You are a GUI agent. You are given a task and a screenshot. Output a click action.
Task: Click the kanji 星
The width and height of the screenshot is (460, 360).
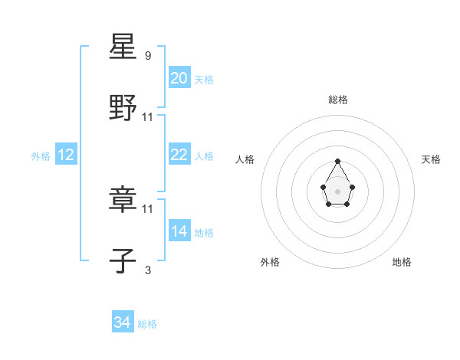(123, 47)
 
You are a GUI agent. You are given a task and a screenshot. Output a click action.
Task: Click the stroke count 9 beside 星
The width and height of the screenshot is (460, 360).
(148, 56)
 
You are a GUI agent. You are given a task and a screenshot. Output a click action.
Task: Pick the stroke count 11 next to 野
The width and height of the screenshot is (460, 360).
(148, 117)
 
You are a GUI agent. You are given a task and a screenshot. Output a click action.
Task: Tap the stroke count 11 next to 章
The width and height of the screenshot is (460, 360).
(148, 208)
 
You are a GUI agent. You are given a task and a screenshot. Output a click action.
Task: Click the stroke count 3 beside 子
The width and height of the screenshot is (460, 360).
(148, 270)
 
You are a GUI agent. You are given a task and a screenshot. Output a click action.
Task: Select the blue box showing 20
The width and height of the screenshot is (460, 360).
(179, 78)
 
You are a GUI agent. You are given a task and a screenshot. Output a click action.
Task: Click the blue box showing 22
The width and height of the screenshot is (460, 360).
(179, 155)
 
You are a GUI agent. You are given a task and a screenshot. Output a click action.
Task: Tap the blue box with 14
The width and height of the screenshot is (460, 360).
(179, 231)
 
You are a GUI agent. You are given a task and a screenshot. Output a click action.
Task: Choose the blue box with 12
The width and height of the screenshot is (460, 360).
(66, 155)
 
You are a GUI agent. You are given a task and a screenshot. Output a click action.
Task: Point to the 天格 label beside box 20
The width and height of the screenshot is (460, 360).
(204, 80)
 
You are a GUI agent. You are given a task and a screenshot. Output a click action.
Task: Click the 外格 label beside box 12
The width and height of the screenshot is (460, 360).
(41, 156)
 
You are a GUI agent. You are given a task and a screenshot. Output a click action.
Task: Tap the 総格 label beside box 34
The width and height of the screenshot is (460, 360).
(147, 325)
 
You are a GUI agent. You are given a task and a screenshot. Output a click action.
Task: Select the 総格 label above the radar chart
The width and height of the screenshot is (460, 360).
(338, 100)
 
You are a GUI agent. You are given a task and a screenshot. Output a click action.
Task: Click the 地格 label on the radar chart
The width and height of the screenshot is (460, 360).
(402, 263)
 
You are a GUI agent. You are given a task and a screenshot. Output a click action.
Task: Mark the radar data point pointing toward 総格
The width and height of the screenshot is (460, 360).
(337, 162)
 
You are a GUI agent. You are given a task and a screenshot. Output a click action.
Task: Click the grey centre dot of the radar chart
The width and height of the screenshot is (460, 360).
(337, 191)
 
